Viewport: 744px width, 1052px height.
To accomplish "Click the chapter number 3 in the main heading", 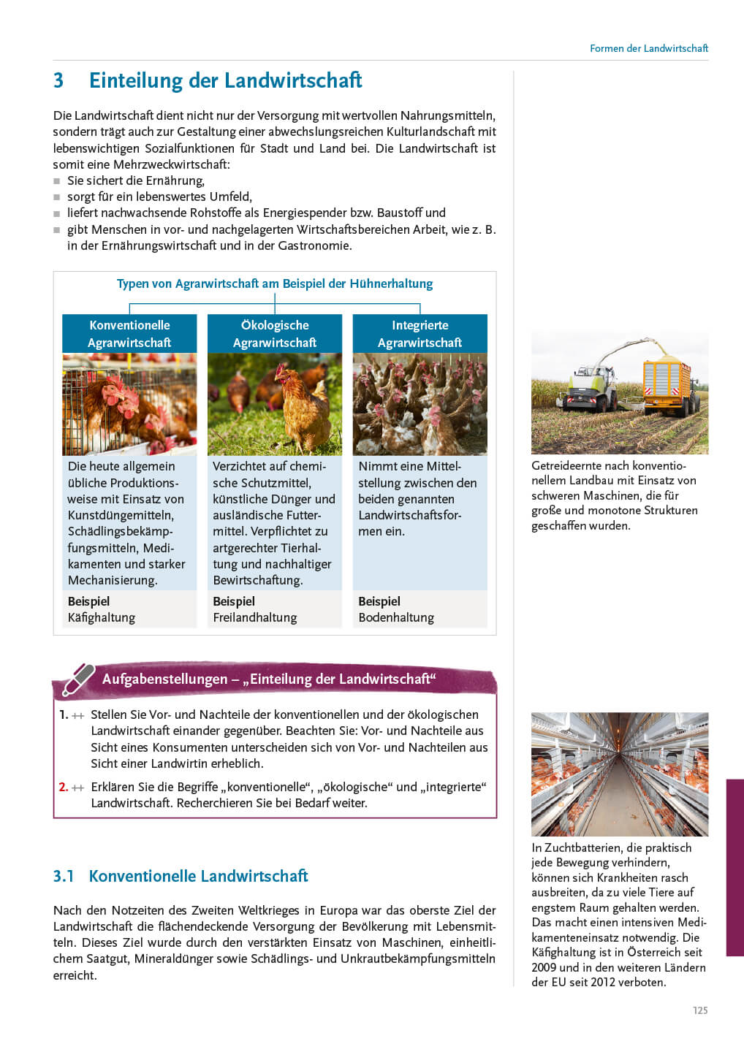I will [x=58, y=80].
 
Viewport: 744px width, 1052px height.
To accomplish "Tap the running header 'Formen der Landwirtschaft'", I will [x=648, y=48].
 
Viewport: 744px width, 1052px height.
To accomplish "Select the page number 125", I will [x=700, y=1010].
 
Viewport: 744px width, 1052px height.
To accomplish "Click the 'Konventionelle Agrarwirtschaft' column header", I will [x=129, y=334].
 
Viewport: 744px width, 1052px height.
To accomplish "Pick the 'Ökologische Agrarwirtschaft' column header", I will [x=275, y=334].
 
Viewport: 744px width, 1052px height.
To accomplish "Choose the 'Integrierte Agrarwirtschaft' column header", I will [x=420, y=334].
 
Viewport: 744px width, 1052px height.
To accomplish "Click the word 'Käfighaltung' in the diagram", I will [x=102, y=618].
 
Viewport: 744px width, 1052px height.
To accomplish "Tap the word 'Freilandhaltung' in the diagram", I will [x=255, y=618].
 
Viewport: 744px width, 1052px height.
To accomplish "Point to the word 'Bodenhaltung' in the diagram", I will [x=396, y=618].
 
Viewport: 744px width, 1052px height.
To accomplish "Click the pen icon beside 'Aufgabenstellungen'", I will [x=78, y=679].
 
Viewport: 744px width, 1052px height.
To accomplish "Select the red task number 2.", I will [x=63, y=787].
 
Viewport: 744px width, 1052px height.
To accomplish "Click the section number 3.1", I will [x=64, y=876].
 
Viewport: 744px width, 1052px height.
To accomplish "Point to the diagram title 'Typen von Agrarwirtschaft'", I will [x=274, y=283].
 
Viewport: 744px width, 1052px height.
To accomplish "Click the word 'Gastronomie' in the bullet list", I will [x=314, y=245].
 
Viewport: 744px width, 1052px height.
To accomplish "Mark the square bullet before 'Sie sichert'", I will [x=57, y=181].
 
